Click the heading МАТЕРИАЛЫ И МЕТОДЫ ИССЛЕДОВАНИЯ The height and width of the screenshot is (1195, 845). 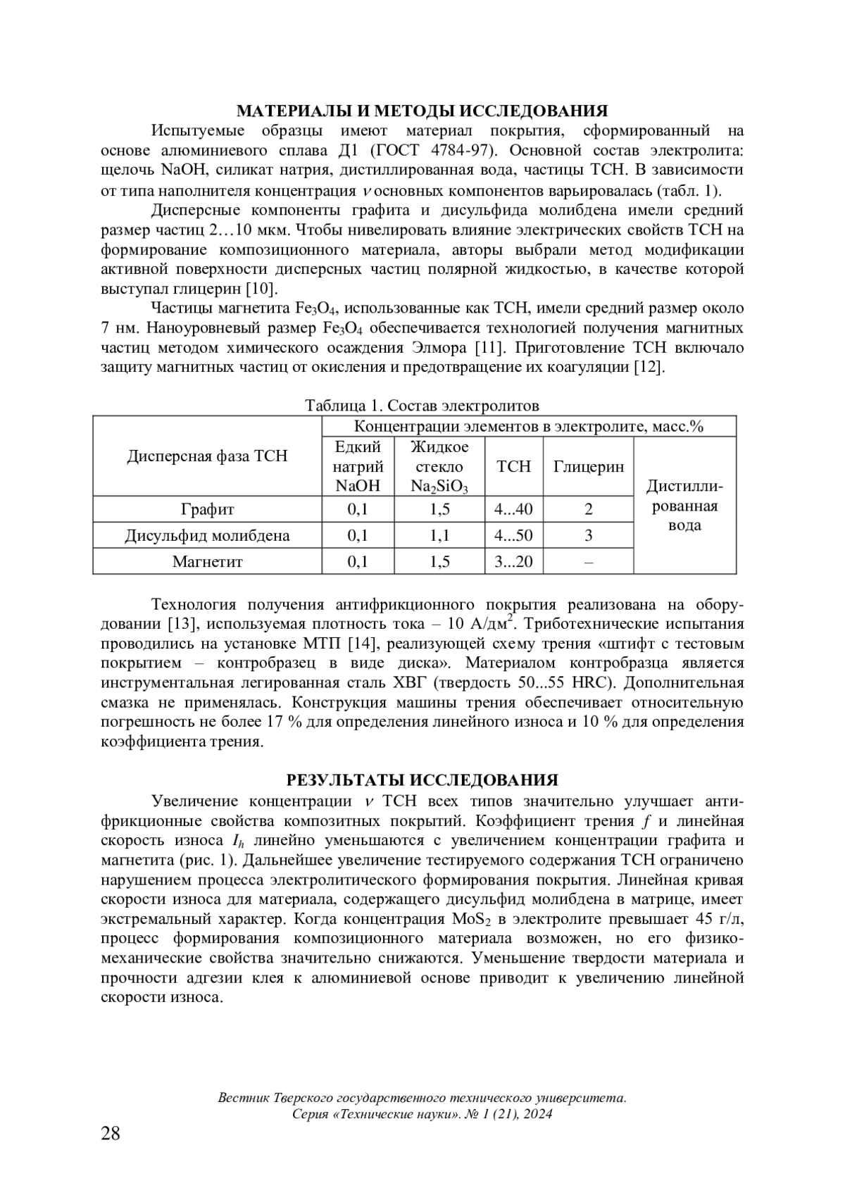click(422, 111)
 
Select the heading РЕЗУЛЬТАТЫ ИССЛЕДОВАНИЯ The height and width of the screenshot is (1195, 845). click(422, 780)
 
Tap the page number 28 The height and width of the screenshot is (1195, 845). click(111, 1133)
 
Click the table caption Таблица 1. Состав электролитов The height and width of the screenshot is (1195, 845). click(422, 406)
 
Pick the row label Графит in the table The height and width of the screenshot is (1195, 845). click(207, 509)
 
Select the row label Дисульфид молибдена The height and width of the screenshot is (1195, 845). click(207, 535)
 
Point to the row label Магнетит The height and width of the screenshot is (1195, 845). click(207, 561)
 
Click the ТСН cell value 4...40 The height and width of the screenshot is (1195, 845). click(513, 509)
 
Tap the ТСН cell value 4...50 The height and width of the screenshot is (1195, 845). click(513, 535)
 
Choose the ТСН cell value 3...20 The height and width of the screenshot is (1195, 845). click(513, 561)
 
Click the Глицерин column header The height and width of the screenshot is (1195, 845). click(588, 467)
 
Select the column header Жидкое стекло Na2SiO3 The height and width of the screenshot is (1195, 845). click(439, 466)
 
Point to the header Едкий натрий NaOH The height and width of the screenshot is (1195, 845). click(358, 466)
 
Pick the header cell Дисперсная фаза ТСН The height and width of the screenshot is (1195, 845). click(207, 456)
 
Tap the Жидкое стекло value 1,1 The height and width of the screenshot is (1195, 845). click(439, 535)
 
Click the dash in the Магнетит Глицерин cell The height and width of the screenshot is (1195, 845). click(588, 562)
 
